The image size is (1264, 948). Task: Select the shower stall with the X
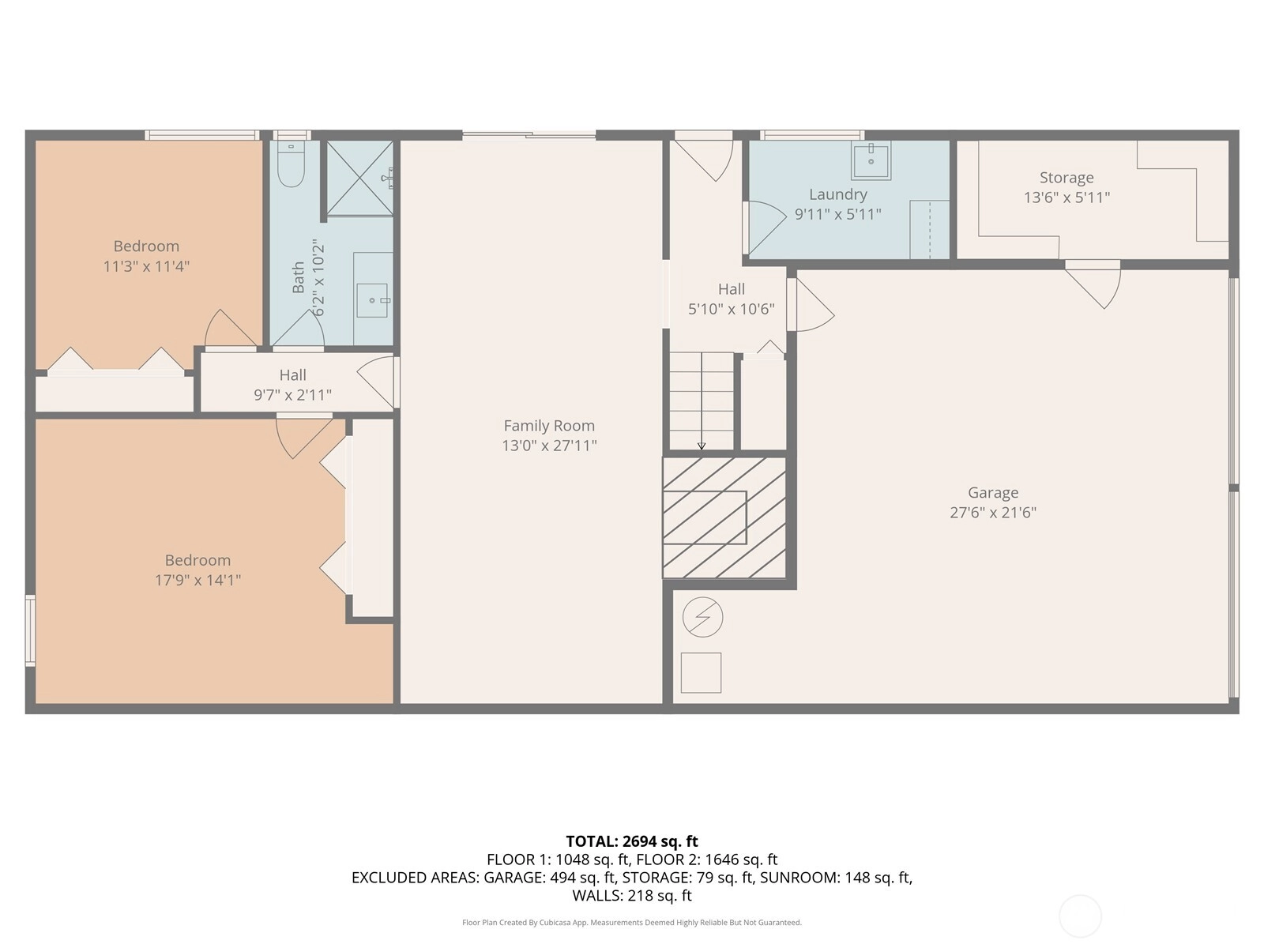360,179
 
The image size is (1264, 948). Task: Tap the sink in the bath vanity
372,300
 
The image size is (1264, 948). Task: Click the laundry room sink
871,160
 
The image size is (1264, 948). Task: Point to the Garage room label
993,493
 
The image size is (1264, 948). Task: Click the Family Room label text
549,426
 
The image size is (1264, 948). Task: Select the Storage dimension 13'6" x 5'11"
1066,197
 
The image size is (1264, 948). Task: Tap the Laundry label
838,194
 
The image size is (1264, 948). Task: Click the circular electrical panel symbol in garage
702,617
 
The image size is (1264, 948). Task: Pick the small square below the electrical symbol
701,673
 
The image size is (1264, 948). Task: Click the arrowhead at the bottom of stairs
702,446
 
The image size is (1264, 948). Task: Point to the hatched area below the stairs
724,517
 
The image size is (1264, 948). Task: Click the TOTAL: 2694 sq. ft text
632,841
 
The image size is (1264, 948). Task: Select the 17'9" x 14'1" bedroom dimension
197,580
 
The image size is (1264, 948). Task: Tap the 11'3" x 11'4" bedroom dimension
146,266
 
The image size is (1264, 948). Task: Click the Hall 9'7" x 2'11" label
292,385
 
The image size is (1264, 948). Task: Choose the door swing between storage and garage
1093,284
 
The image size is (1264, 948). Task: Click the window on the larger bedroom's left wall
30,631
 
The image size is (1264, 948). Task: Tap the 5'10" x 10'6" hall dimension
732,309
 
